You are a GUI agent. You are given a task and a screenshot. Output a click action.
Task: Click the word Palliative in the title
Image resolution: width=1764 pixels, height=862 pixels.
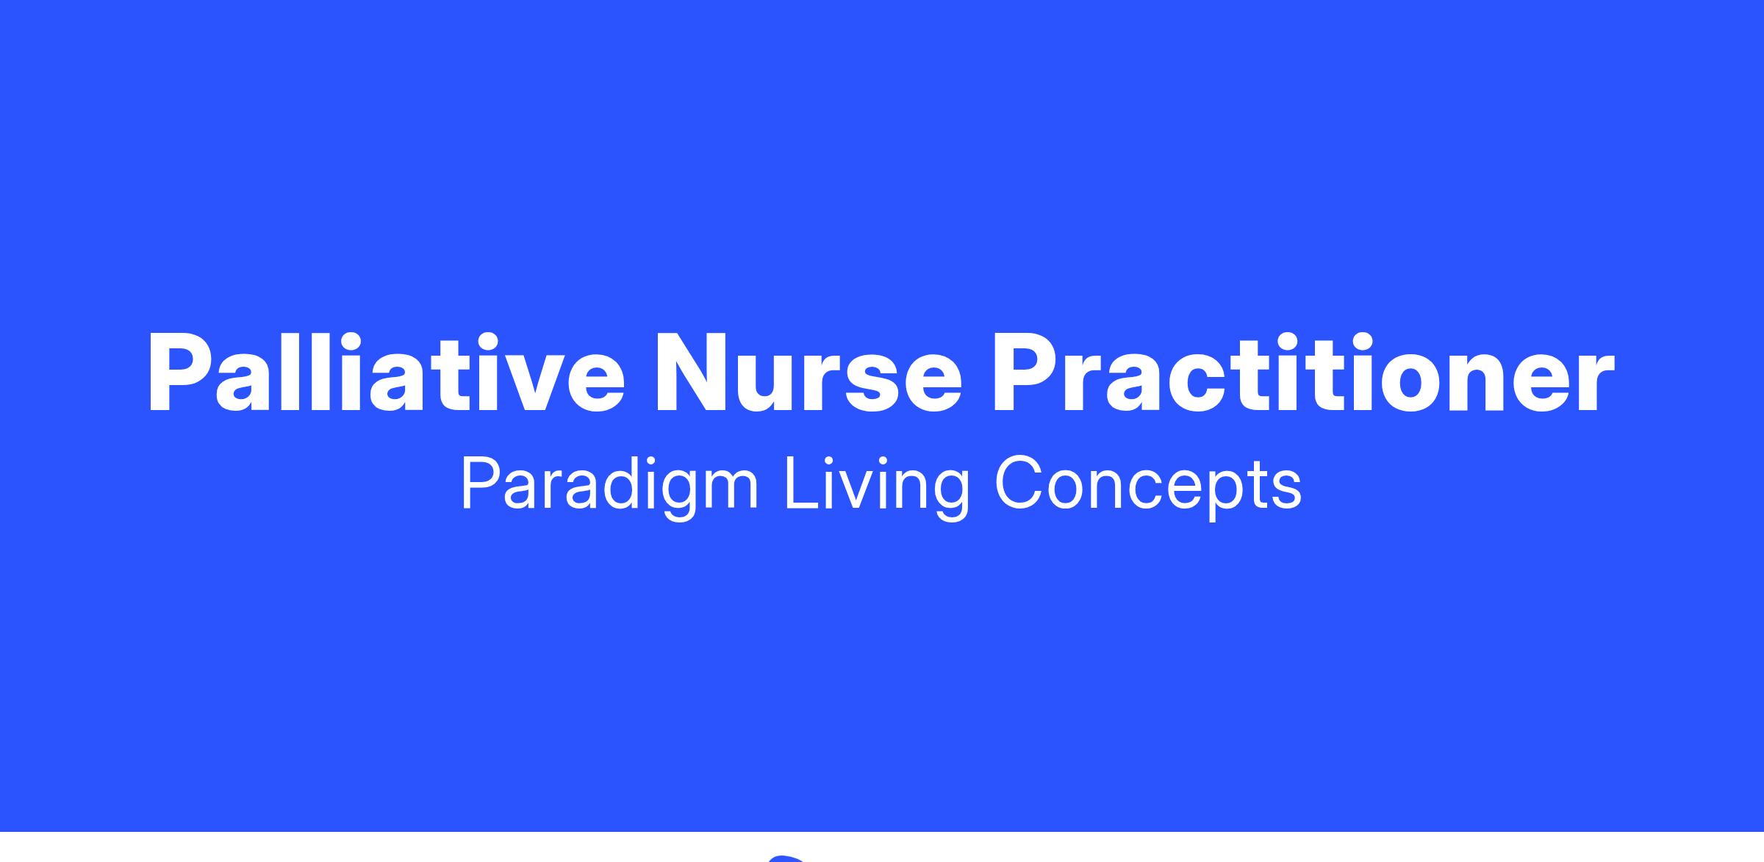coord(387,373)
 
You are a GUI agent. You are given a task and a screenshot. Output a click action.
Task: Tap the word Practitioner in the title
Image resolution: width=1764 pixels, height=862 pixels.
coord(1303,373)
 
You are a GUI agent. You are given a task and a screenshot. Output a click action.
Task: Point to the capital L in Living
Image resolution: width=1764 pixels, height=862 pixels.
coord(802,483)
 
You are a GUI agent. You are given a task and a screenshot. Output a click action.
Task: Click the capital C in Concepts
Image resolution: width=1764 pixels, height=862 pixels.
coord(1018,483)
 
